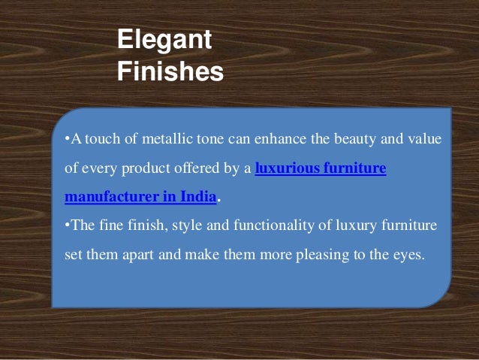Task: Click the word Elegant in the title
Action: pos(164,41)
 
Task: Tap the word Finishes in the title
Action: pos(170,72)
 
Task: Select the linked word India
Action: pos(197,197)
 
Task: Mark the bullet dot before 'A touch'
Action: pos(66,141)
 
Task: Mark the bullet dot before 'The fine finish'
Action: pos(66,225)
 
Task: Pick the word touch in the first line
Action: pos(99,141)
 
